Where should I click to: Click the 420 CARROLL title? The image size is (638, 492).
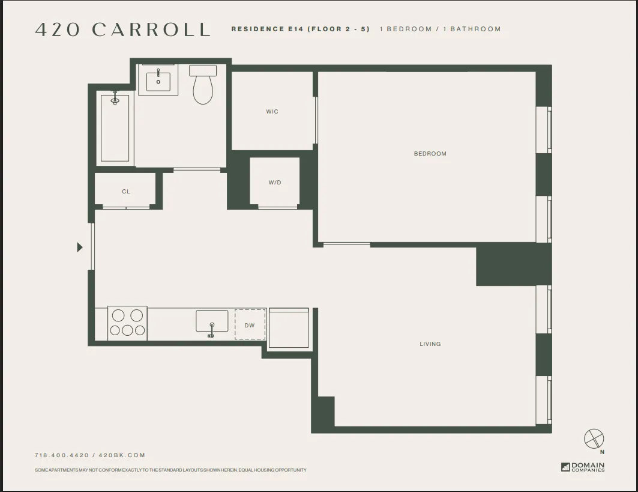pos(122,29)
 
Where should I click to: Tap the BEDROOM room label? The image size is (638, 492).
pos(430,154)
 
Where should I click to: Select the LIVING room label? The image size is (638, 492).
pos(430,344)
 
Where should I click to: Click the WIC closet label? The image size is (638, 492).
pos(272,112)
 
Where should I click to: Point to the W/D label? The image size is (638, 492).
pos(274,183)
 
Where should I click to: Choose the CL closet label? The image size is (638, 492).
pos(126,192)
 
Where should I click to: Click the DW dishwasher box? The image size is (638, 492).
pos(250,325)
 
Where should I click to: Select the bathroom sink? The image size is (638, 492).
pos(158,80)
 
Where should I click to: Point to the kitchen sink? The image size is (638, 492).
pos(212,321)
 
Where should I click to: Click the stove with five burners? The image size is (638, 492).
pos(127,323)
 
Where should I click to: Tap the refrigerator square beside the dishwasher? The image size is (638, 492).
pos(289,328)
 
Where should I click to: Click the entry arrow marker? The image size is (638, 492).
pos(80,247)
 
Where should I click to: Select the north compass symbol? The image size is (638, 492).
pos(594,439)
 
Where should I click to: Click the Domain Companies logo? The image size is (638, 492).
pos(583,467)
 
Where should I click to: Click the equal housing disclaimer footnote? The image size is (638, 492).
pos(170,470)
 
